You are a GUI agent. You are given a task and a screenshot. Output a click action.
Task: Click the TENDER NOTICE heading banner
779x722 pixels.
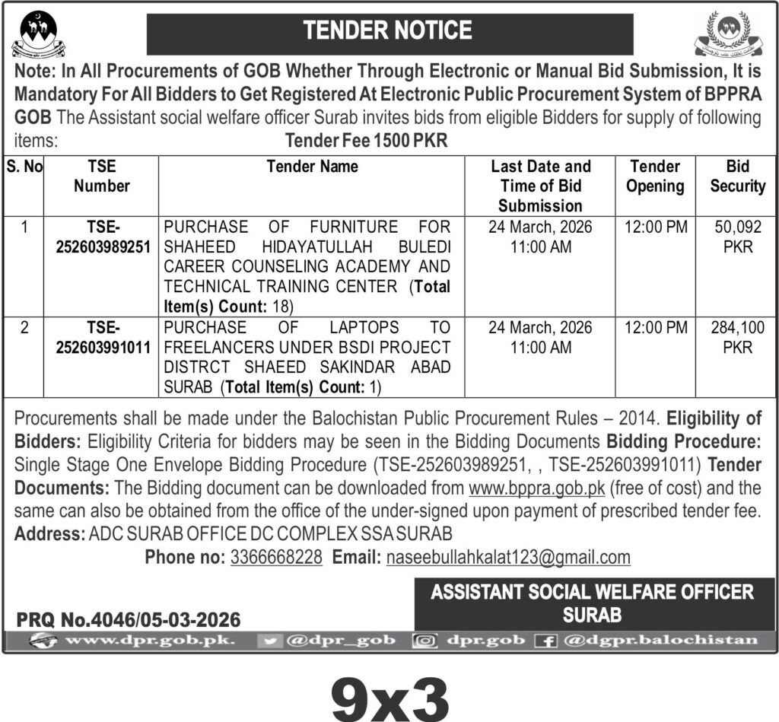[389, 30]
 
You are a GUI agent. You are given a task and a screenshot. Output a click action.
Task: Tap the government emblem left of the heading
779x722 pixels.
[38, 34]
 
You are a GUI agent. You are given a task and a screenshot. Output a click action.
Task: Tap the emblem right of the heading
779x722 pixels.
[727, 34]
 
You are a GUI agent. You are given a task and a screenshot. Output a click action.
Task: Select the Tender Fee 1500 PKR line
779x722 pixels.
[367, 141]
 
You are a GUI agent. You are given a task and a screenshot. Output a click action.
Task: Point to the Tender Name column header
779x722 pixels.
[312, 167]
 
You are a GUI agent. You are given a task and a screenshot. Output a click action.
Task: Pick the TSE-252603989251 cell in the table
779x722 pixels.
[101, 236]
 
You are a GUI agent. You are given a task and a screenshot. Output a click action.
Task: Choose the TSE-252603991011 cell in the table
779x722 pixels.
[101, 337]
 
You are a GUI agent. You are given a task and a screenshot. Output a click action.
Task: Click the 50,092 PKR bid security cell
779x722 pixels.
[734, 236]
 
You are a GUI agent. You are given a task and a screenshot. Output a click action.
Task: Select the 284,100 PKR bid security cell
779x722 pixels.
[734, 337]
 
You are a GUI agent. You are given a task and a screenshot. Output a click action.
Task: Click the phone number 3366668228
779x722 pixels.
[276, 557]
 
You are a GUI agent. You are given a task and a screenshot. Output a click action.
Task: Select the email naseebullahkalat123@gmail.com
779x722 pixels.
[508, 557]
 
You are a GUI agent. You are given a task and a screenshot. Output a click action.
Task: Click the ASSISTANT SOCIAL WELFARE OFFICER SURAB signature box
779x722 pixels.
[592, 603]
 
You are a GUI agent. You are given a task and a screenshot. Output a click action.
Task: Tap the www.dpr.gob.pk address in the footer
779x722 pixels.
[150, 641]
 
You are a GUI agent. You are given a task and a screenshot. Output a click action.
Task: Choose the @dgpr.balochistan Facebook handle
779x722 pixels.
[660, 641]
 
